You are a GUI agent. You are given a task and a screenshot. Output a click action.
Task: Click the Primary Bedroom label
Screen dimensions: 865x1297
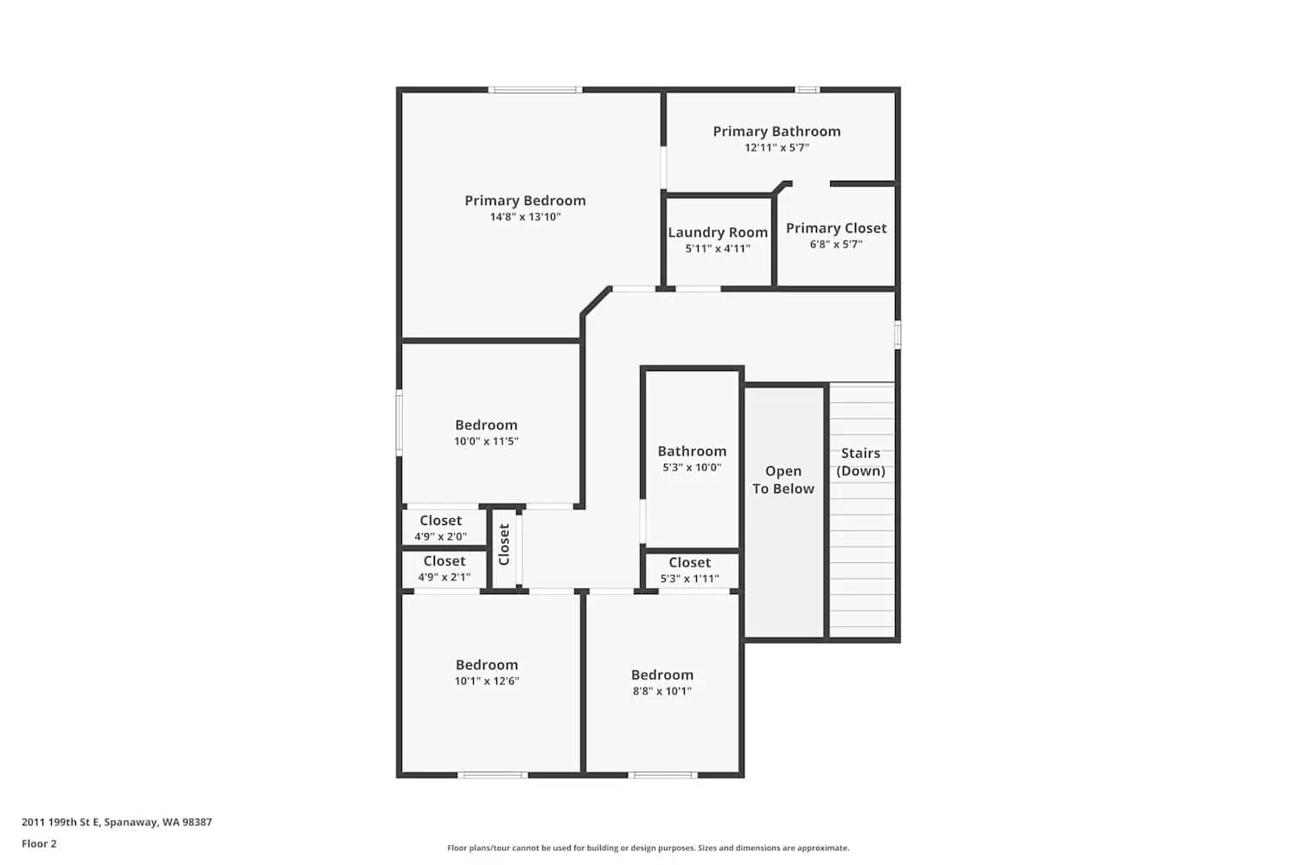coord(525,201)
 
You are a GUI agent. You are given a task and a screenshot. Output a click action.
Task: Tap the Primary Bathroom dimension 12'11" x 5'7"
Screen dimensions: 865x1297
coord(776,148)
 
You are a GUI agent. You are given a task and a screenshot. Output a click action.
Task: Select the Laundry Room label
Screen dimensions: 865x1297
coord(718,233)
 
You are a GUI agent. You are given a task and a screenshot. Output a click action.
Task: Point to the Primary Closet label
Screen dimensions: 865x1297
coord(836,228)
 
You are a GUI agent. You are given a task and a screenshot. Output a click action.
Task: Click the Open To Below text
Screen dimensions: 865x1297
coord(783,480)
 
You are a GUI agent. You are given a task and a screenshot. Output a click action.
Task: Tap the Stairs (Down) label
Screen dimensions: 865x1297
coord(861,462)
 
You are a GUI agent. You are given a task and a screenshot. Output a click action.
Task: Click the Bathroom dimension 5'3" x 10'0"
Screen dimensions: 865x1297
coord(692,468)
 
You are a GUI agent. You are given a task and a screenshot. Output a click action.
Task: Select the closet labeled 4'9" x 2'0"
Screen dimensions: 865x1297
coord(441,529)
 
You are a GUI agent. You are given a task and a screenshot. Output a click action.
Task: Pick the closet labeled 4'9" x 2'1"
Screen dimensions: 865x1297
coord(444,569)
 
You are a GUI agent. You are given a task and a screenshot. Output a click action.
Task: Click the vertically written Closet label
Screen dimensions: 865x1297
coord(504,545)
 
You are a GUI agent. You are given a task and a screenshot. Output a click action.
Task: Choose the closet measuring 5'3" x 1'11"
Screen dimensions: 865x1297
coord(690,571)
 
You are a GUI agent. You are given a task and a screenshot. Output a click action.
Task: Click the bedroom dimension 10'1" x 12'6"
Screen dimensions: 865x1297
coord(487,682)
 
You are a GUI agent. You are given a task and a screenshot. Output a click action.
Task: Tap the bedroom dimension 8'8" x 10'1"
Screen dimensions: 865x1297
coord(662,691)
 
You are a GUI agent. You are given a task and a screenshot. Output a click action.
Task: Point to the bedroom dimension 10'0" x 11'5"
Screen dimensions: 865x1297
coord(486,441)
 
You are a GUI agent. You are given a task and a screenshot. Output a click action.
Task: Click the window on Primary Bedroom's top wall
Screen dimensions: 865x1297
coord(534,89)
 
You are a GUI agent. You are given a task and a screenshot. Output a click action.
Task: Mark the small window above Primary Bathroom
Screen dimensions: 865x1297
coord(807,89)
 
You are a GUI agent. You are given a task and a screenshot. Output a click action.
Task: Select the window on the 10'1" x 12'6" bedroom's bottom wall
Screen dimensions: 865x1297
coord(492,775)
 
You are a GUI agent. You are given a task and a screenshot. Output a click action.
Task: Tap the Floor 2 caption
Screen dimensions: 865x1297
coord(39,844)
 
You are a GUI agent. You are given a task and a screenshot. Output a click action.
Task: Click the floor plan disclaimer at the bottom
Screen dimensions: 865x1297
coord(648,849)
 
